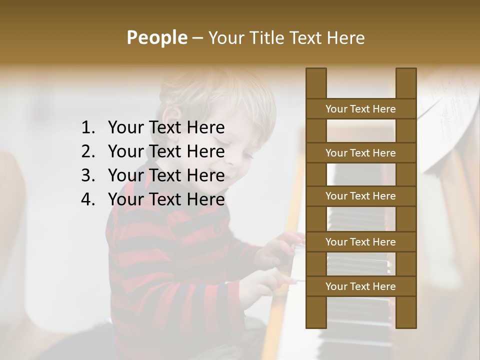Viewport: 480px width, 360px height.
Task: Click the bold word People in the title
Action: [156, 37]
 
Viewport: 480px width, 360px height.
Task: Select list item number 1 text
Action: [166, 128]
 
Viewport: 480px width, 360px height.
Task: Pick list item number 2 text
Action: [166, 151]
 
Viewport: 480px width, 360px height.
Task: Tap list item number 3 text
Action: [166, 175]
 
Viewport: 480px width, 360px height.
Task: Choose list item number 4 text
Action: [166, 199]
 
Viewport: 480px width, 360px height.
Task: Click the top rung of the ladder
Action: [360, 109]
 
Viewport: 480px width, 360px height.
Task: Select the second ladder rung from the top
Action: [360, 153]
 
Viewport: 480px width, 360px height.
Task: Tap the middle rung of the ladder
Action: [360, 196]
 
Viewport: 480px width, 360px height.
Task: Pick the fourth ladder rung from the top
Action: [360, 242]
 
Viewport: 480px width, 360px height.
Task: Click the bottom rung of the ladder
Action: [360, 286]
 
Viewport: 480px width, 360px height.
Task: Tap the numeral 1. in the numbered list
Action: [87, 128]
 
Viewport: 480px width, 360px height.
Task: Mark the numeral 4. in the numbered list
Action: [87, 199]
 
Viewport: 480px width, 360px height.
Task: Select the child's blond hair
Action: [220, 90]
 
